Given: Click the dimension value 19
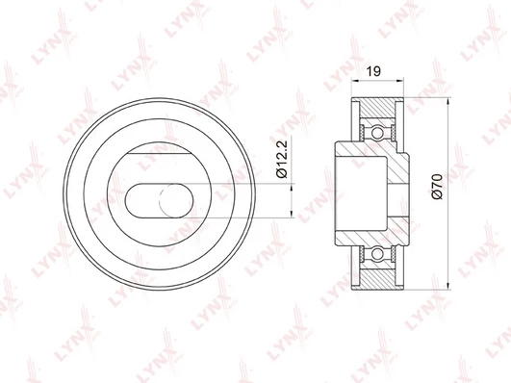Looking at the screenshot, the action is coord(373,71).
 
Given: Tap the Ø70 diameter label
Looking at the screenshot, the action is coord(437,187).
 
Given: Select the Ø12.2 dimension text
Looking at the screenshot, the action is coord(282,159).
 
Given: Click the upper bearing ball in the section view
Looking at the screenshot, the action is coord(377,133).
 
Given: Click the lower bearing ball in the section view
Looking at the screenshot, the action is coord(377,253).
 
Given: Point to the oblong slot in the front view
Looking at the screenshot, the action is coord(159,200).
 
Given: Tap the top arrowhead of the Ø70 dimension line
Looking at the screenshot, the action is coord(448,101).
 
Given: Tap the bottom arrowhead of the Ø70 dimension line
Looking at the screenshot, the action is coord(448,285).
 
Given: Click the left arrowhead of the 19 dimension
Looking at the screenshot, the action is coord(355,80).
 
